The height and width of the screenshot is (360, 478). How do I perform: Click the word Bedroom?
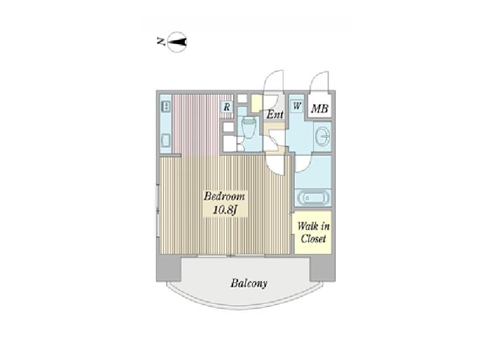224,196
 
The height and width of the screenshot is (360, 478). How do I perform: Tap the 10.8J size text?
225,210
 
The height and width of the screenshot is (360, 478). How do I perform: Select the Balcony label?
249,283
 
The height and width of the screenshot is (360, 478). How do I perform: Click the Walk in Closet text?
313,232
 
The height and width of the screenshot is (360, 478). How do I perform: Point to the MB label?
320,108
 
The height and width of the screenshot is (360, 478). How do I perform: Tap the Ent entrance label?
275,114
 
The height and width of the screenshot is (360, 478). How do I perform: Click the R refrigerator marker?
227,107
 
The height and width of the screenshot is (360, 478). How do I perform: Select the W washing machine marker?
297,106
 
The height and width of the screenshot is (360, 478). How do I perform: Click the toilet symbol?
249,128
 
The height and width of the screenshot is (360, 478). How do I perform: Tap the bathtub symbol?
313,198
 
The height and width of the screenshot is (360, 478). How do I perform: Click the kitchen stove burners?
166,106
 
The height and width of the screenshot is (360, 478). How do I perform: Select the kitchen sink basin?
166,141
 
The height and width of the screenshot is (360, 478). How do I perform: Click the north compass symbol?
177,42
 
